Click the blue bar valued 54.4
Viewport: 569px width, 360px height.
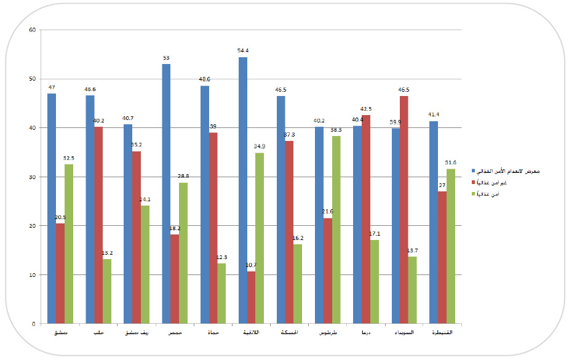tap(243, 190)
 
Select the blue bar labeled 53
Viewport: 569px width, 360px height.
tap(166, 194)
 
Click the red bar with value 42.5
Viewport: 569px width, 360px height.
tap(366, 219)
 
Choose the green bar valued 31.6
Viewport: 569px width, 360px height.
tap(451, 246)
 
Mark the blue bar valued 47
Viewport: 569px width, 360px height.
tap(52, 209)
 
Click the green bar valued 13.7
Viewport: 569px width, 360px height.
tap(412, 290)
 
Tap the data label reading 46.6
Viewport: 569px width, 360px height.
tap(90, 89)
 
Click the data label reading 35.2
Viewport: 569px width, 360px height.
tap(137, 145)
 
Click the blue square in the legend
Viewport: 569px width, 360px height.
tap(473, 170)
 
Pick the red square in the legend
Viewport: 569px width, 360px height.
tap(473, 182)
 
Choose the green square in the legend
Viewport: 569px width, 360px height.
tap(473, 194)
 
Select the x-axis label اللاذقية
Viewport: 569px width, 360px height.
tap(251, 333)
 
